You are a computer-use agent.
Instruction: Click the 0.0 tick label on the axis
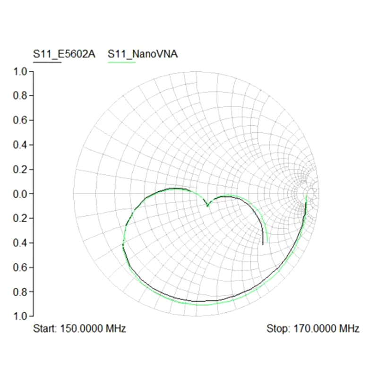(x=21, y=194)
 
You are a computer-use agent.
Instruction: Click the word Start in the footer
(x=44, y=328)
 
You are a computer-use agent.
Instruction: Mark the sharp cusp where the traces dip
(x=207, y=206)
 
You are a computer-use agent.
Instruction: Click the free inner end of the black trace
(x=263, y=245)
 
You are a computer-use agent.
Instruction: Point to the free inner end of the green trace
(x=267, y=242)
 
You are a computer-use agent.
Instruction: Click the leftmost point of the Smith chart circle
(x=74, y=194)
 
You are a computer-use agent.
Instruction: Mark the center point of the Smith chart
(x=196, y=194)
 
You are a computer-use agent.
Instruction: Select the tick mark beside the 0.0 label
(x=32, y=194)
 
